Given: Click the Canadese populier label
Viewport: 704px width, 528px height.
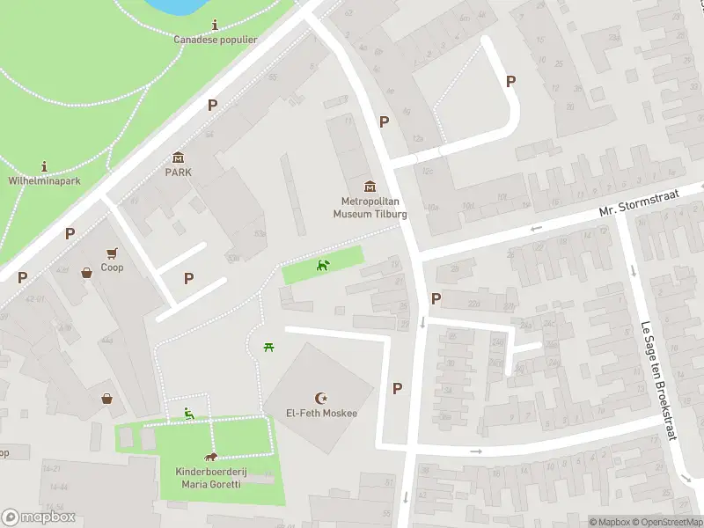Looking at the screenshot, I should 215,40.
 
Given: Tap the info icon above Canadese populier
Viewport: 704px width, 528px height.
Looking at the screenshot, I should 215,25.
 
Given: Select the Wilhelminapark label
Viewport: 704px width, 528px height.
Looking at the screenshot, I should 44,180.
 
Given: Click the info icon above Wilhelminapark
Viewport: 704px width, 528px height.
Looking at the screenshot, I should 44,165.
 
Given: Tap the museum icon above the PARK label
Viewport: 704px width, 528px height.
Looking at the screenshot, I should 179,158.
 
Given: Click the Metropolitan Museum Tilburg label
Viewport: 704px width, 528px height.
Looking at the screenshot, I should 370,208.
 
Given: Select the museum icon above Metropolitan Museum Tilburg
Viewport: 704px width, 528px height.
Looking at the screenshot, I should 370,187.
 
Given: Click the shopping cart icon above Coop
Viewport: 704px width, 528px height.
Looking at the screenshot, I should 112,253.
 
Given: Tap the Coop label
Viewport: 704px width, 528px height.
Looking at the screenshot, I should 112,268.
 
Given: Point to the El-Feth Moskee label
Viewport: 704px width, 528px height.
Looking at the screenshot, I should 320,413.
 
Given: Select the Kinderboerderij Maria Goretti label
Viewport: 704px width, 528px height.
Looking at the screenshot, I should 211,478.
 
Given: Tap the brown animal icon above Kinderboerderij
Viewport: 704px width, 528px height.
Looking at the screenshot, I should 211,457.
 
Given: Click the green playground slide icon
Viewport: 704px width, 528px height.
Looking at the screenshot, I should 188,412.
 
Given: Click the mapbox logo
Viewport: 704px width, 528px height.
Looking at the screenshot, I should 39,517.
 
